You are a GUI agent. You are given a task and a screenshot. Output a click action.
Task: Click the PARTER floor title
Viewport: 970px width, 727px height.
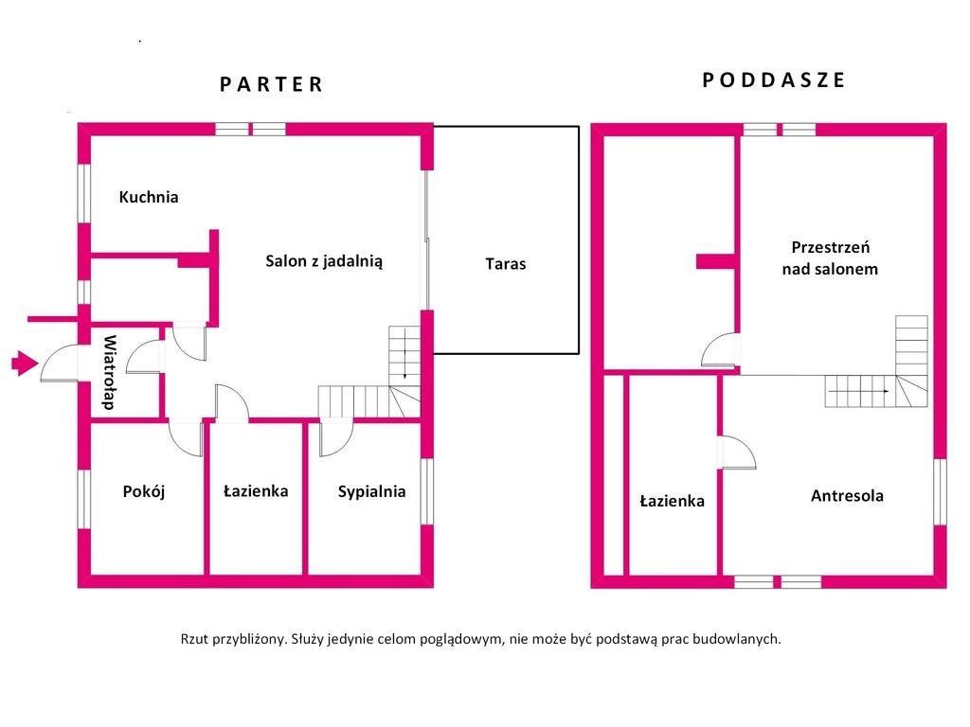tap(272, 84)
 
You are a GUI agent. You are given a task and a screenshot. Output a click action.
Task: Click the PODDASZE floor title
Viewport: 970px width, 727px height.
tap(773, 80)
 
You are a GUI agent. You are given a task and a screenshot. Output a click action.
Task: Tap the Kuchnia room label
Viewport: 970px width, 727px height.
tap(149, 198)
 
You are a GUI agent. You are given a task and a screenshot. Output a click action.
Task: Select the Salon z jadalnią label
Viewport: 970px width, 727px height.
tap(324, 262)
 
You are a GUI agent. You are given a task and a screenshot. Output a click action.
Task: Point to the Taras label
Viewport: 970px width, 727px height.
tap(505, 264)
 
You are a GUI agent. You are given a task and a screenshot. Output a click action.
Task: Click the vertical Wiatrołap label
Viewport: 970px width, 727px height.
tap(109, 372)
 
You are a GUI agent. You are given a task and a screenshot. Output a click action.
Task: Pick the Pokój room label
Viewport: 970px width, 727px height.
tap(144, 491)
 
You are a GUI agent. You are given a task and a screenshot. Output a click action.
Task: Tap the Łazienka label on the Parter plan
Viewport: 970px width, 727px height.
tap(256, 491)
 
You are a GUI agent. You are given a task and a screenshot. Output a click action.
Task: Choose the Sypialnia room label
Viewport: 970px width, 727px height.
tap(371, 491)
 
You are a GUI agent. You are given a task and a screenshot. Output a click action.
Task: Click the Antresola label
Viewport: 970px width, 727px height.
tap(847, 495)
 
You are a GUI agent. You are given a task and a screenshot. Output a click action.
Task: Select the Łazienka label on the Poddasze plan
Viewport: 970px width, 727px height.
tap(672, 501)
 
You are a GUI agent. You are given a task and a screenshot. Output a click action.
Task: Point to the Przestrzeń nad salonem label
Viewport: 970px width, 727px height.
tap(830, 257)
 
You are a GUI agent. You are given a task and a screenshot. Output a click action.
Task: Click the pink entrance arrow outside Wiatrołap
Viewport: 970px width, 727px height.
tap(23, 363)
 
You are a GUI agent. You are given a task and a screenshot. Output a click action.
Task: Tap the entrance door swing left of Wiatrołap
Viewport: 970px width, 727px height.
tap(61, 364)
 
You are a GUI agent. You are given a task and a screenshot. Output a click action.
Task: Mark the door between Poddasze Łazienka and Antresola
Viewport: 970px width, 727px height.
tap(736, 452)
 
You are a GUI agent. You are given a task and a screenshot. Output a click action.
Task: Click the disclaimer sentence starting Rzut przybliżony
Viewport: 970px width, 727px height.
tap(480, 639)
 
